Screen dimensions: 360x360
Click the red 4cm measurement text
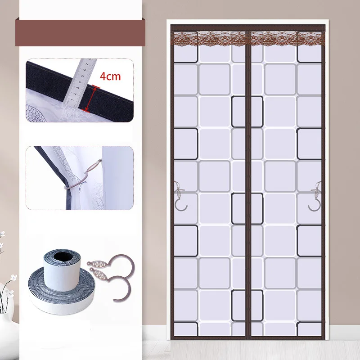point(110,76)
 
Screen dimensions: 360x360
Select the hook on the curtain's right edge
point(315,196)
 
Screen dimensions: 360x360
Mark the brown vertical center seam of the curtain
point(248,180)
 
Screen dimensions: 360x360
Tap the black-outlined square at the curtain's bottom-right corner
point(310,328)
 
